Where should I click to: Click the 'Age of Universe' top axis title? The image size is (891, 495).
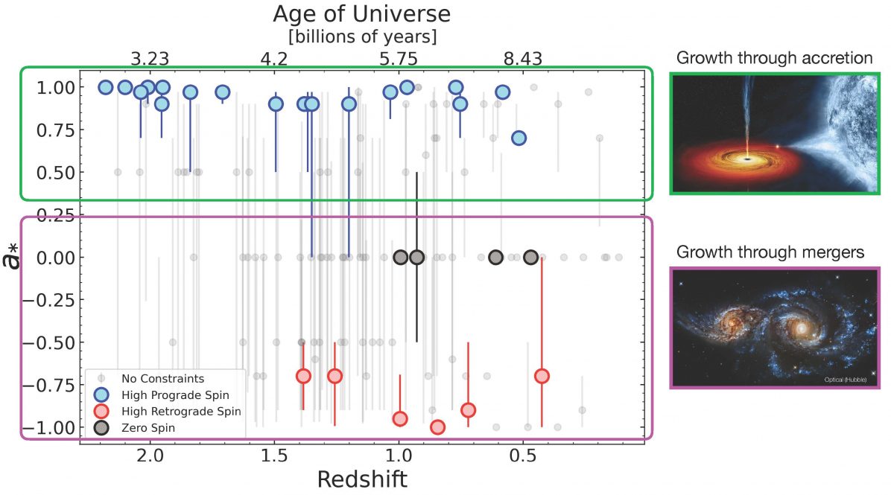(x=361, y=13)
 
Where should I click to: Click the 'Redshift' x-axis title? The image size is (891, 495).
(x=362, y=479)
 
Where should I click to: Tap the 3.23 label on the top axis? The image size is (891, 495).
(x=150, y=59)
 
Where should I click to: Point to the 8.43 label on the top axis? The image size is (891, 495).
(x=522, y=59)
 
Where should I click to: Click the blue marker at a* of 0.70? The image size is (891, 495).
(x=519, y=138)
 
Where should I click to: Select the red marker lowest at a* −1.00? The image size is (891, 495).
(x=437, y=427)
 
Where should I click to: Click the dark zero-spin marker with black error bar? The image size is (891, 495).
(x=416, y=258)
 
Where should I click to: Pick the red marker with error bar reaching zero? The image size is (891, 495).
(x=542, y=376)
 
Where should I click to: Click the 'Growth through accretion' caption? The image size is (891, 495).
(x=774, y=58)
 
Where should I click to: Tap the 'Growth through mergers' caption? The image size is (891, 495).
(x=770, y=252)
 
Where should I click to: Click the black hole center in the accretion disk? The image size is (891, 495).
(x=747, y=157)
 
